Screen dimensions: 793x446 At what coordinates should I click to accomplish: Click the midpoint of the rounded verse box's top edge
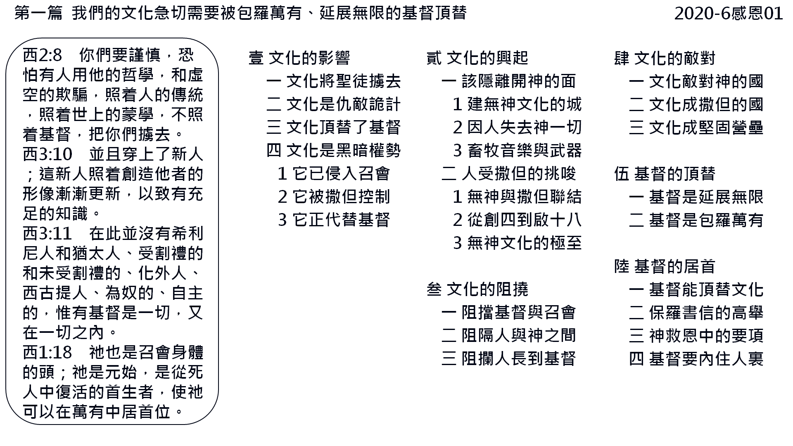coord(112,38)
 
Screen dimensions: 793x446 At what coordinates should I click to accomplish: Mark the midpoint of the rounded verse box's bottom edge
coord(112,424)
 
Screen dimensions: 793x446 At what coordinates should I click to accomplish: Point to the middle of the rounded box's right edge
coord(218,231)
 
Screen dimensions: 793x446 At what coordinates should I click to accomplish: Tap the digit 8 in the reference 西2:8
coord(57,55)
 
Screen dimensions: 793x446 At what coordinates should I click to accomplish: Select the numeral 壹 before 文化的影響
coord(256,58)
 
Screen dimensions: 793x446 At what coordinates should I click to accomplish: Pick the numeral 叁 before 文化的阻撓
coord(434,289)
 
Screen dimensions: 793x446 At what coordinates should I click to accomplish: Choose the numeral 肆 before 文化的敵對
coord(622,58)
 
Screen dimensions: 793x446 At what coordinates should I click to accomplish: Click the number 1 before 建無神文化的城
coord(457,104)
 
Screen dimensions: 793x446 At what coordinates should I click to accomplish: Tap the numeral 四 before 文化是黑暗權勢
coord(274,151)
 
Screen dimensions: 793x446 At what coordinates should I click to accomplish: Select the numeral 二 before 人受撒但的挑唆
coord(449,174)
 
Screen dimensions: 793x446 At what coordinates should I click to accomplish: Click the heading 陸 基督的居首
coord(665,266)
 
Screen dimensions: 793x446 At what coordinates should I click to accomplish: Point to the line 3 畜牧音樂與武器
coord(518,151)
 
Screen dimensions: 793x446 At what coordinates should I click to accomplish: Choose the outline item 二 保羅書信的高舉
coord(696,313)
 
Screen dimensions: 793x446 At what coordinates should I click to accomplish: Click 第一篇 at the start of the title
coord(38,14)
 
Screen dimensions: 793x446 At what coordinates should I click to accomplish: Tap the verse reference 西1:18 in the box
coord(47,353)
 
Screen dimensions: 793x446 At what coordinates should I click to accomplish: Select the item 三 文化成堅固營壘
coord(696,128)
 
